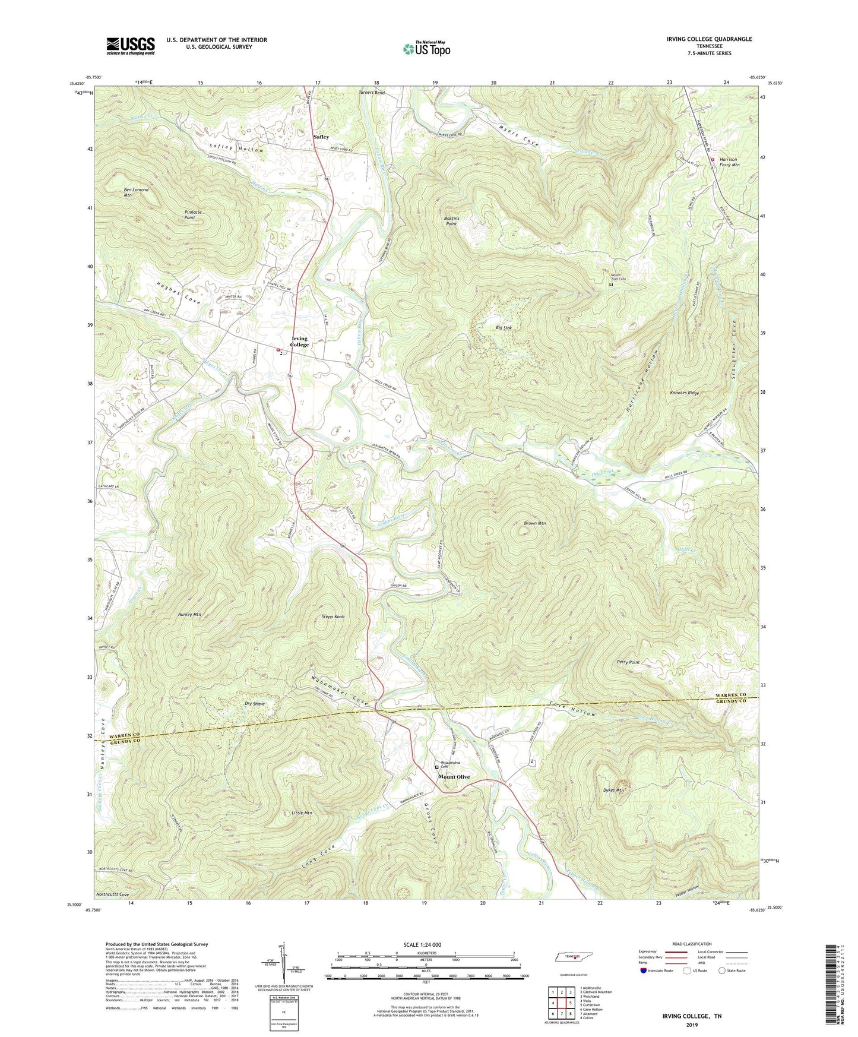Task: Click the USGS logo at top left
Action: coord(131,45)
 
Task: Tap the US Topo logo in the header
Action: coord(426,49)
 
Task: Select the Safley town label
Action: coord(321,137)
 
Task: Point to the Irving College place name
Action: coord(299,342)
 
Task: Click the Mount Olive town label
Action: coord(454,777)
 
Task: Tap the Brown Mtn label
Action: coord(534,523)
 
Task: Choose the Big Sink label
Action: coord(504,328)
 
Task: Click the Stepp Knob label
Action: coord(333,616)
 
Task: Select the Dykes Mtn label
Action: coord(613,790)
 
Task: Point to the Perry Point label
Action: coord(628,662)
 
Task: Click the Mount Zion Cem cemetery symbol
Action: coord(611,284)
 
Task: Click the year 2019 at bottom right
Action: coord(692,1025)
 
